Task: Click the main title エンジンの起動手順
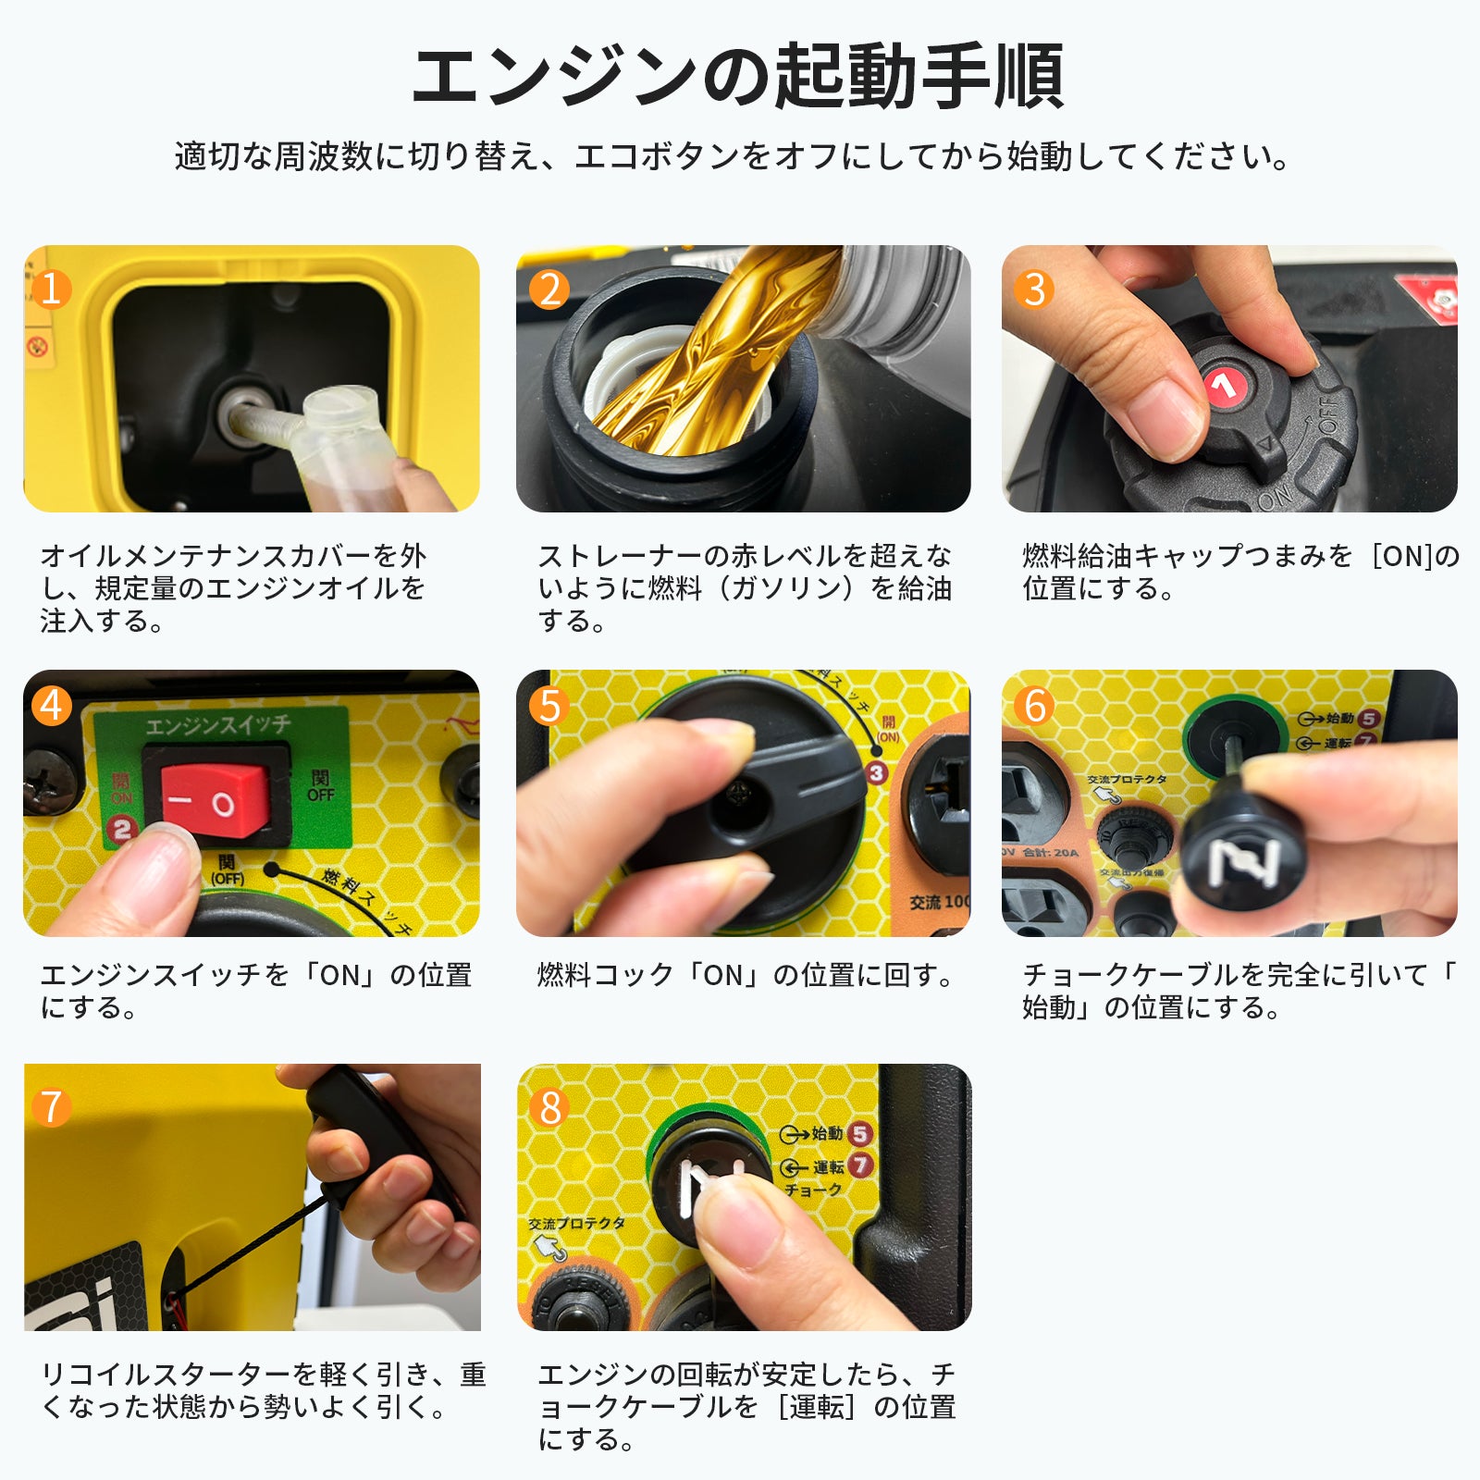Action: (x=738, y=77)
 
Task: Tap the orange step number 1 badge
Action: (x=52, y=289)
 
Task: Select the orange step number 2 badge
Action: (x=549, y=290)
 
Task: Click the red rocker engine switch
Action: (x=216, y=801)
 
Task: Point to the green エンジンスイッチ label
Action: (x=217, y=725)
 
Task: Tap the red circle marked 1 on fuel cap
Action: (x=1226, y=385)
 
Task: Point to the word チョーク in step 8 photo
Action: (x=813, y=1190)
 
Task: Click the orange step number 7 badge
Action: (x=51, y=1106)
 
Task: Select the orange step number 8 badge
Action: (x=549, y=1106)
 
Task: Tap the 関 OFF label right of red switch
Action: (x=320, y=785)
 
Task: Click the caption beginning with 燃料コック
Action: (x=745, y=975)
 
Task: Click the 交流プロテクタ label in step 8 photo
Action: (x=576, y=1223)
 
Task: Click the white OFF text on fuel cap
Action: (x=1328, y=416)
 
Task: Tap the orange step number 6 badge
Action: (x=1034, y=707)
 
